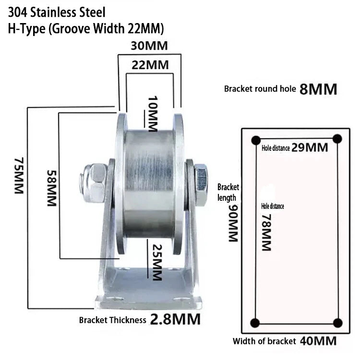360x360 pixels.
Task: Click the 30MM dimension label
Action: coord(149,46)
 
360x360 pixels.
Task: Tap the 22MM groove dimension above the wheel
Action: coord(150,65)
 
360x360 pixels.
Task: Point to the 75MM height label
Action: coord(19,176)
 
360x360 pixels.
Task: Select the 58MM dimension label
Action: coord(52,188)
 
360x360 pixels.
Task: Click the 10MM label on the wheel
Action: coord(153,114)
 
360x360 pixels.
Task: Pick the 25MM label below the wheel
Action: coord(157,263)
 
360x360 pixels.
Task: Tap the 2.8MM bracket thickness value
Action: coord(175,319)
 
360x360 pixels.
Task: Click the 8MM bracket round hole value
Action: coord(318,89)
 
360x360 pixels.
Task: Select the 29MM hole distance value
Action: coord(310,147)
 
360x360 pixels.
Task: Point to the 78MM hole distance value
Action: coord(266,232)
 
